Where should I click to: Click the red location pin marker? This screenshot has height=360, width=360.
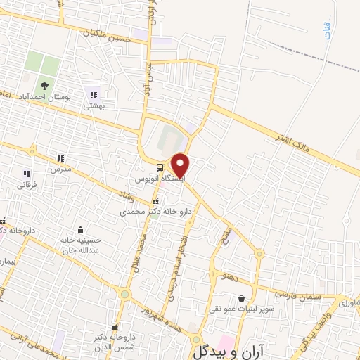coord(181,164)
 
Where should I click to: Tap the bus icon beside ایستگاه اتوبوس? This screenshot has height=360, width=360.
coord(161,168)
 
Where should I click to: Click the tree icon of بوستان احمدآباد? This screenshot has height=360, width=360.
coord(44,86)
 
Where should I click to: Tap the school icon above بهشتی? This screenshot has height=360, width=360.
coord(94,96)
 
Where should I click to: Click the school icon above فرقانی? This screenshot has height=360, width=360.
coord(27,174)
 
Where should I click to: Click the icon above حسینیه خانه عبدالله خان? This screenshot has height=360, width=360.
coord(80,230)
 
